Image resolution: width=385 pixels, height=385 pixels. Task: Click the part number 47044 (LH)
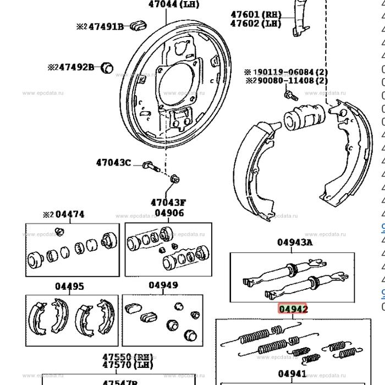[173, 4]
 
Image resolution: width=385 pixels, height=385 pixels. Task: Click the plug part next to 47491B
[137, 25]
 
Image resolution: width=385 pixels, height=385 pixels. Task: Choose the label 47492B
[76, 67]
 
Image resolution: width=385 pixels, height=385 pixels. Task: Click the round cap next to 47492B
[108, 68]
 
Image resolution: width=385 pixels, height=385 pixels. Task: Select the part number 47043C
[113, 162]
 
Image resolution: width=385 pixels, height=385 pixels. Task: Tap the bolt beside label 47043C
[150, 165]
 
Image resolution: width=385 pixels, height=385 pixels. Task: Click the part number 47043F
[168, 202]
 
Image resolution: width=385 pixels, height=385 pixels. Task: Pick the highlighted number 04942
[293, 309]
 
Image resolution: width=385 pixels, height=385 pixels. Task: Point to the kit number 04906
[169, 213]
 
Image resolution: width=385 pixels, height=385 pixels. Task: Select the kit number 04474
[69, 215]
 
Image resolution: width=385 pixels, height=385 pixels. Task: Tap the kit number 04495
[69, 286]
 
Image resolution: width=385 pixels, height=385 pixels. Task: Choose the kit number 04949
[163, 285]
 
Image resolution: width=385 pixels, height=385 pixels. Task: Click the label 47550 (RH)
[128, 356]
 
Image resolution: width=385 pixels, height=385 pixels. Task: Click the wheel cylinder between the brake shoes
[304, 117]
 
